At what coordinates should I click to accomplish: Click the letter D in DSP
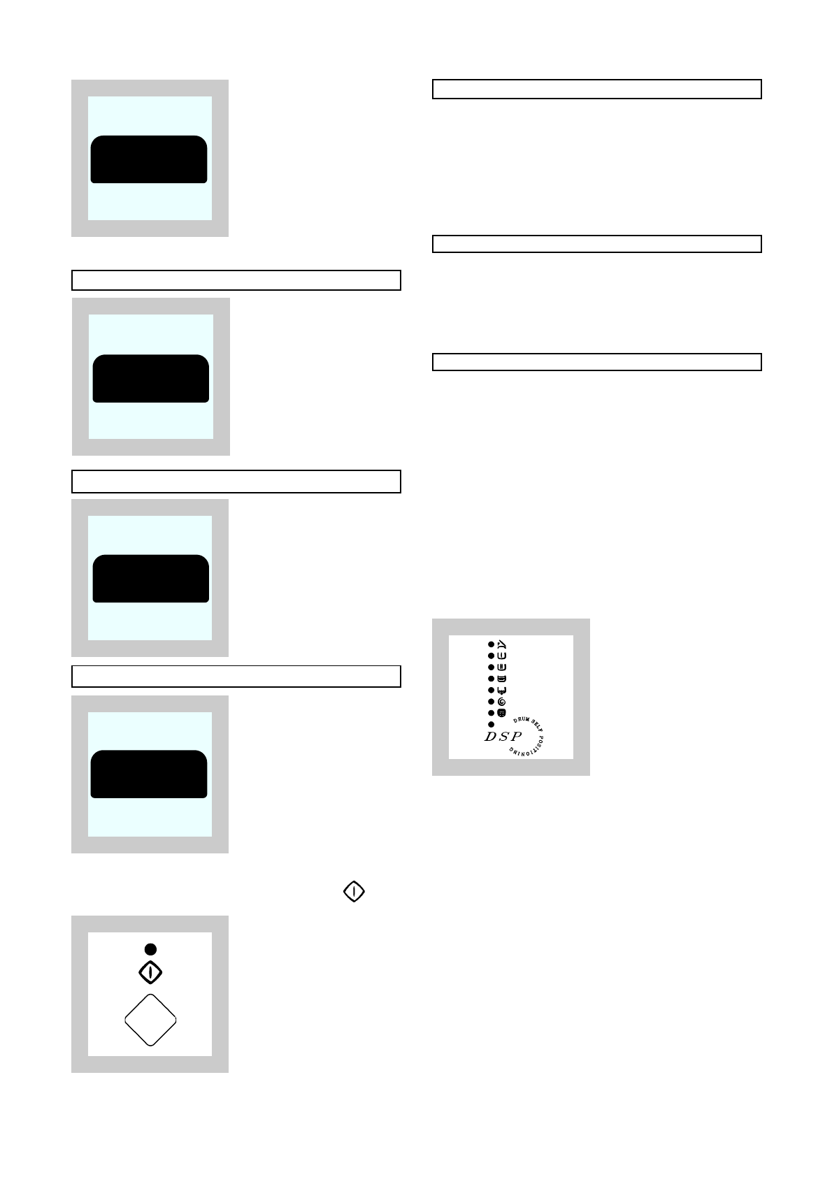click(490, 737)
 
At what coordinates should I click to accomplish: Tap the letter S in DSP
click(503, 737)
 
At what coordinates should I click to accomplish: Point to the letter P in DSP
click(516, 737)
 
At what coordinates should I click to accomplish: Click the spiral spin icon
click(501, 702)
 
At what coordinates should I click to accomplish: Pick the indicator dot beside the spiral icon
click(491, 702)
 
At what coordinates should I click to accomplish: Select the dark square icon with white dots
click(501, 713)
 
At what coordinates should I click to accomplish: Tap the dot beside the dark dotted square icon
click(491, 713)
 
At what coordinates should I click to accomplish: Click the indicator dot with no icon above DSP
click(491, 725)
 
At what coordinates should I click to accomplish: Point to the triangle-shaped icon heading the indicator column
click(502, 644)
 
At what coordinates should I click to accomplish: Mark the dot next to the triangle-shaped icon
click(491, 644)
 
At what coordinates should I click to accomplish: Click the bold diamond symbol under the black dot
click(150, 972)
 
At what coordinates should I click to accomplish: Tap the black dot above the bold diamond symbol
click(150, 949)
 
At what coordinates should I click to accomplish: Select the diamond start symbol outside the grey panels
click(354, 891)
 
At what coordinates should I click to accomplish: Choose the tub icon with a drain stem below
click(501, 690)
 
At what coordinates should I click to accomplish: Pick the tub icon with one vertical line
click(501, 656)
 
